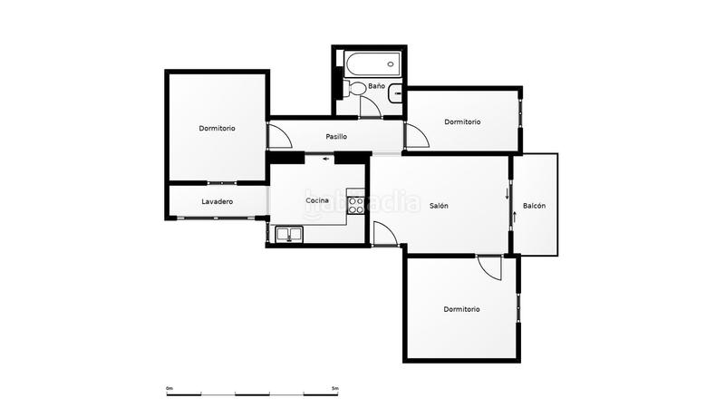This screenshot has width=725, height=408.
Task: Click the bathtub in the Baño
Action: tap(372, 64)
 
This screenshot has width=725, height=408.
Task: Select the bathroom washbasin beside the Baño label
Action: tap(395, 93)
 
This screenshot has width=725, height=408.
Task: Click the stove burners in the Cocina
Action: tap(355, 206)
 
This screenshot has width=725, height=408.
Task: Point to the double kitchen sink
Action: tap(289, 234)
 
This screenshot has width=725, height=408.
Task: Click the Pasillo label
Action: tap(336, 137)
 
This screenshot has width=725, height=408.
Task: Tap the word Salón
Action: tap(439, 206)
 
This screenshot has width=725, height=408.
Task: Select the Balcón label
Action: tap(534, 206)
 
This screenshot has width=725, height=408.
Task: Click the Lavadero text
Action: tap(217, 201)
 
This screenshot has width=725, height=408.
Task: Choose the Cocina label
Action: tap(318, 200)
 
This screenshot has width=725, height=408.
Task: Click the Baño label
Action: tap(376, 85)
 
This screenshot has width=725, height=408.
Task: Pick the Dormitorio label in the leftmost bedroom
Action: tap(217, 128)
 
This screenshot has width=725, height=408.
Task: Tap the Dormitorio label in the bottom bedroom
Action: tap(461, 309)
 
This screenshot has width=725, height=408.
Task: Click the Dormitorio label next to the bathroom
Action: tap(462, 121)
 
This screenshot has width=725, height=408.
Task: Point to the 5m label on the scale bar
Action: tap(335, 388)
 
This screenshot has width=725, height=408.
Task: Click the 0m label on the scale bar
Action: tap(169, 388)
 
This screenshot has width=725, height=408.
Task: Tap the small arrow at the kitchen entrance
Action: tap(326, 160)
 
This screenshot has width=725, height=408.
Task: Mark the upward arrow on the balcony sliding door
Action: tap(514, 217)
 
